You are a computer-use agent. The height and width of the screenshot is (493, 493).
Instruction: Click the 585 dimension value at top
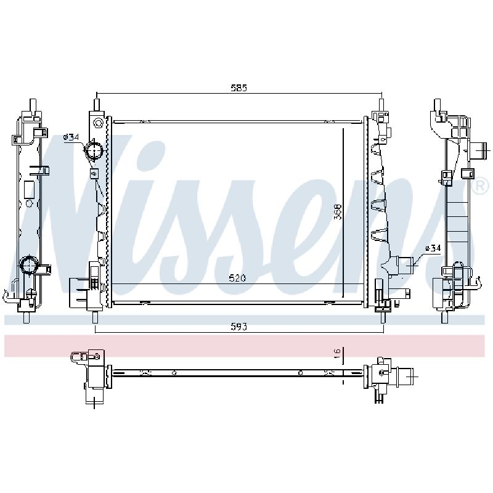pos(239,88)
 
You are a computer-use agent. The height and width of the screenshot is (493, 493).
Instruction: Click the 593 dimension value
pos(239,327)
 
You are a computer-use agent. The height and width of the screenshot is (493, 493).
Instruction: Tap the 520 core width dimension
pos(237,278)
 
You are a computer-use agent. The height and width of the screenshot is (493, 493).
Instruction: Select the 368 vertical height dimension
pos(337,212)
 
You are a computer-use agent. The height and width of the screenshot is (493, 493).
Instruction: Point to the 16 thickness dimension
pos(336,353)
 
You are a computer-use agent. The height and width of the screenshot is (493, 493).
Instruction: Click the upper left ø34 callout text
pos(71,137)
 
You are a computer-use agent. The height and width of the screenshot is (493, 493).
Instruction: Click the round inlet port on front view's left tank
pos(95,150)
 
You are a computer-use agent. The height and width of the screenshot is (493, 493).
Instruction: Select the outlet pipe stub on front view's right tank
pos(405,266)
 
